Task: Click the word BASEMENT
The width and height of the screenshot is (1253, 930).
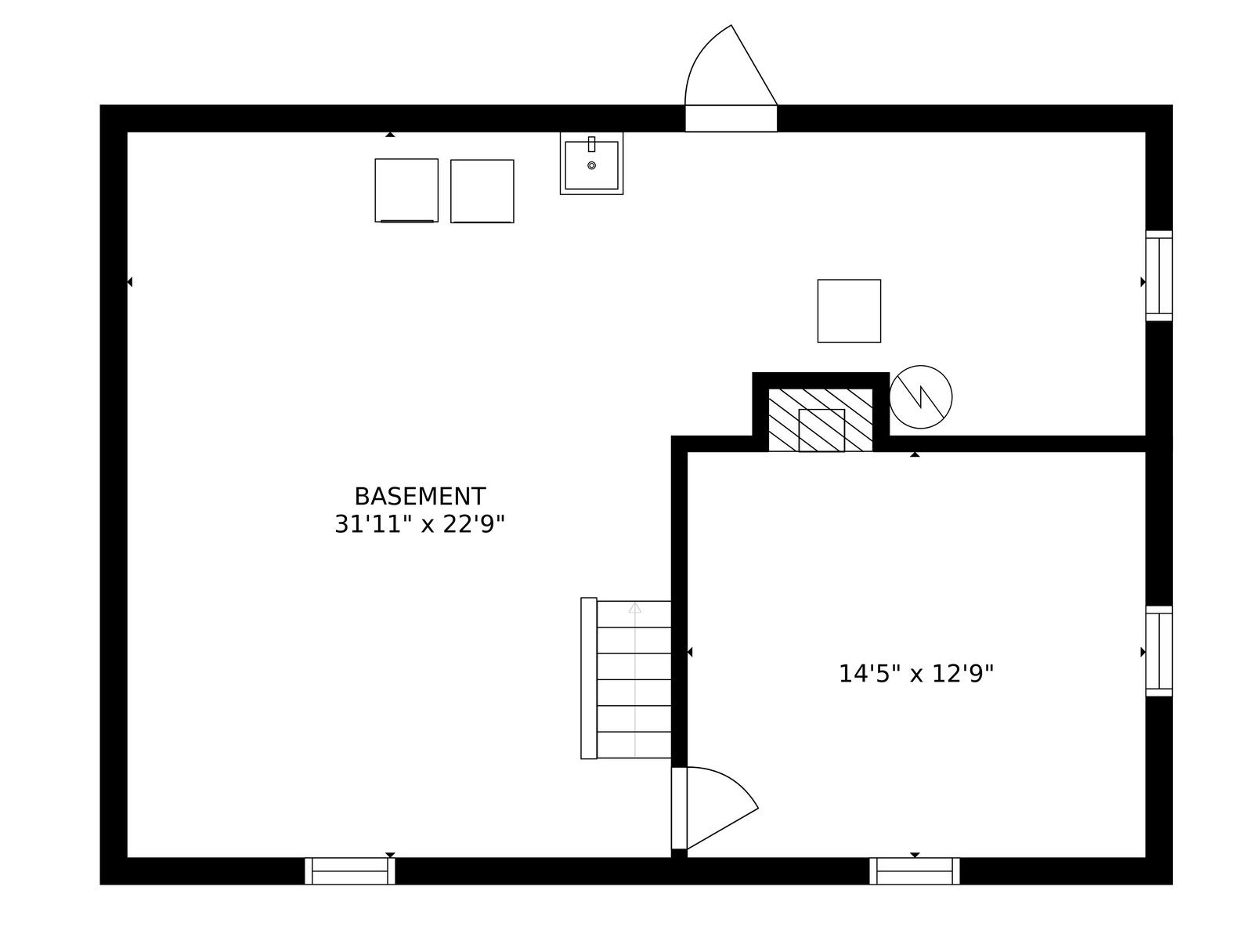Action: (x=420, y=497)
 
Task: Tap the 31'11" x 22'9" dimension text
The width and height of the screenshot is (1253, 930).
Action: (x=420, y=524)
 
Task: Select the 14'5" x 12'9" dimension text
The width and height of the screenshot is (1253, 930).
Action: (x=915, y=674)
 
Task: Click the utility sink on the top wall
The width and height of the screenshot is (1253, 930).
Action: (x=591, y=164)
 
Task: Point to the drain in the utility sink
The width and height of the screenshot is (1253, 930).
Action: (x=591, y=165)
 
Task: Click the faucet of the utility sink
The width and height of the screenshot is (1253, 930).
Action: (x=591, y=144)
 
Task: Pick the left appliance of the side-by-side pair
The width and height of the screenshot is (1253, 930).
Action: (x=406, y=190)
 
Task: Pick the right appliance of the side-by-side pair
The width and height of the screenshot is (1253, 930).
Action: (x=482, y=191)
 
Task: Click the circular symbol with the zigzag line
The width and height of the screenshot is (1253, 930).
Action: (x=920, y=396)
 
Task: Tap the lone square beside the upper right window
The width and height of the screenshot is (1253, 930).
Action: (x=849, y=311)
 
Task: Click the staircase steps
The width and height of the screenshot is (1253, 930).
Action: (x=634, y=679)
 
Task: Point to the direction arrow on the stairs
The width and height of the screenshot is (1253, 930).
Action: (x=634, y=607)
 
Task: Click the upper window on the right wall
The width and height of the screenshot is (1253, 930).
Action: (x=1158, y=275)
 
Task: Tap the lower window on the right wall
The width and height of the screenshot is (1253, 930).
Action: (x=1158, y=650)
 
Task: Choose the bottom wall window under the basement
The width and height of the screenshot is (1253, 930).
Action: (x=349, y=870)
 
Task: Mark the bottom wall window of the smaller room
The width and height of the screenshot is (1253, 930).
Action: (x=914, y=870)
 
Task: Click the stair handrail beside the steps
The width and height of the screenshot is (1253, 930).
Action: (x=588, y=678)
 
